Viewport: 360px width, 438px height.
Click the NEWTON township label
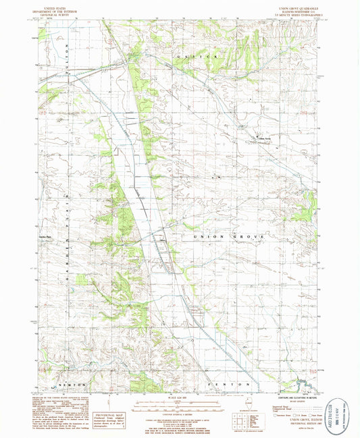(70, 383)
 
